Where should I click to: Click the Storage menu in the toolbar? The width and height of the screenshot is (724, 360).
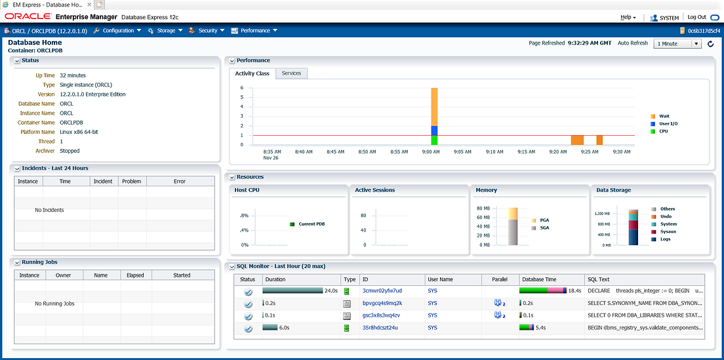pos(165,31)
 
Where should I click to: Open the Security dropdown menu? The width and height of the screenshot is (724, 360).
pos(207,31)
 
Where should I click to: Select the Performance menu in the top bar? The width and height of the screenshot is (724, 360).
pos(255,31)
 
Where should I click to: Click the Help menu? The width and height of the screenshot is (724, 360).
pos(628,17)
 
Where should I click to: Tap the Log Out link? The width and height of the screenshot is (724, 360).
pos(696,17)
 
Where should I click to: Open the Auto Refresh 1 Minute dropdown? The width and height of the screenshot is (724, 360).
pos(677,44)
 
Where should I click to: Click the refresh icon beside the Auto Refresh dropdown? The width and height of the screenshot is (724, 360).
pos(710,44)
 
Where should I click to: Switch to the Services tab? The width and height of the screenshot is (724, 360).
pos(291,73)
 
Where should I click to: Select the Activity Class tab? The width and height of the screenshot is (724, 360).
pos(252,73)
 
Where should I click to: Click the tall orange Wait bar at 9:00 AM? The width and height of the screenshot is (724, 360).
pos(434,105)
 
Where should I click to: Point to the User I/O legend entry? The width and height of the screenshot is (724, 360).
pos(668,123)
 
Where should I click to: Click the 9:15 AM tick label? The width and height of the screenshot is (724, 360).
pos(526,151)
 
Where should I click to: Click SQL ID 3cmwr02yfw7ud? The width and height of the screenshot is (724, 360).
pos(382,290)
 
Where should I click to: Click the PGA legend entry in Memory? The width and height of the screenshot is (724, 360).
pos(544,220)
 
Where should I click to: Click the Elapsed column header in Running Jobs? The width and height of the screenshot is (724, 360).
pos(135,275)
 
